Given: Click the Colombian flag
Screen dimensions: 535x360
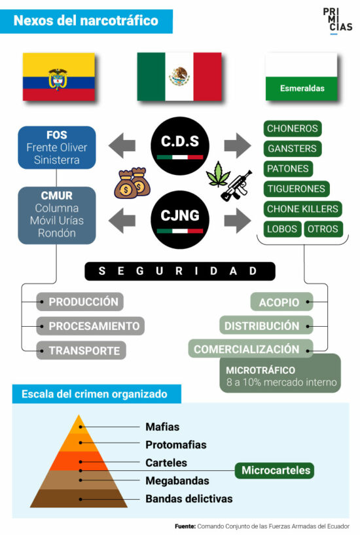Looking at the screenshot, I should click(58, 77).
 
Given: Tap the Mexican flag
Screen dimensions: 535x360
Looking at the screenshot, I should click(179, 77).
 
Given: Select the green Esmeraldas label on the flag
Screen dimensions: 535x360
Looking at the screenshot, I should click(302, 88).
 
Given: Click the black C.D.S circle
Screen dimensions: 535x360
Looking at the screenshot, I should click(179, 145).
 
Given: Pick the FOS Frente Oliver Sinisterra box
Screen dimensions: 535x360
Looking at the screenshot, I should click(56, 147).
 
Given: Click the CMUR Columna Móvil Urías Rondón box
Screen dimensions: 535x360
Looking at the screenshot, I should click(56, 215).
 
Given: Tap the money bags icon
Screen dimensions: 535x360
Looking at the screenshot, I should click(132, 183).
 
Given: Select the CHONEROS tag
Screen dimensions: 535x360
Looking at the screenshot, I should click(293, 128).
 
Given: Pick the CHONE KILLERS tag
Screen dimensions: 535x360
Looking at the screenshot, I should click(302, 209).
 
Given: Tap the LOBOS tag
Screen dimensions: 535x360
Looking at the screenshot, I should click(282, 229).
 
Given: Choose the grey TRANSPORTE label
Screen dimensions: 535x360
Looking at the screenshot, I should click(81, 350).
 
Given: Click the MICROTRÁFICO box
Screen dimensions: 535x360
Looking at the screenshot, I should click(280, 373).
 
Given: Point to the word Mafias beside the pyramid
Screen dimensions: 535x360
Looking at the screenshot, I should click(162, 427).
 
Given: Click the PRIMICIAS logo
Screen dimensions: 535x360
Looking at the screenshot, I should click(337, 20).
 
